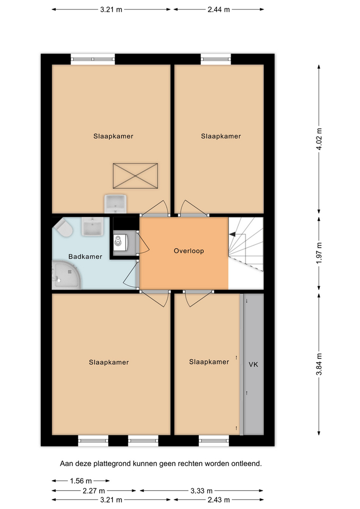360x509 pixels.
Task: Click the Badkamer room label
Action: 85,257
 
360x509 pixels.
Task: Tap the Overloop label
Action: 189,251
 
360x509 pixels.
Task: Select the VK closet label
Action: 253,365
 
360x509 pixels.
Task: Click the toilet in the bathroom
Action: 64,227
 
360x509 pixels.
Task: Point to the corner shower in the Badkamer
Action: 66,275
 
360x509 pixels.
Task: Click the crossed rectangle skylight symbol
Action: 135,176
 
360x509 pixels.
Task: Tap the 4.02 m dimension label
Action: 319,139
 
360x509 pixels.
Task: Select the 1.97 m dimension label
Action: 319,253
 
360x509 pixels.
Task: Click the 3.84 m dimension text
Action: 319,364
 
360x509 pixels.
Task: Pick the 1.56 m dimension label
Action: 81,481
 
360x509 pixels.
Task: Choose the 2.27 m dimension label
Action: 94,490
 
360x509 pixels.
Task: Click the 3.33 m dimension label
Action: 201,490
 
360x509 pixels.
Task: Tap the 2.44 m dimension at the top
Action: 219,10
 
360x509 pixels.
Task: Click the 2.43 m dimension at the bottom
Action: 219,499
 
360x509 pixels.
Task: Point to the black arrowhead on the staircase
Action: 232,234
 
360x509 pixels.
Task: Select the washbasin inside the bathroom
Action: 92,226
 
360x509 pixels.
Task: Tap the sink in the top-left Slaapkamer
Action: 115,204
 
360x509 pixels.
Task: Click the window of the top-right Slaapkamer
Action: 216,59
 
